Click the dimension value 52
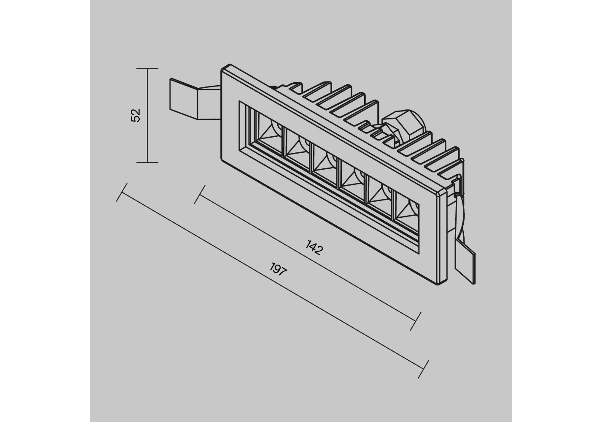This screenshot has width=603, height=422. (136, 115)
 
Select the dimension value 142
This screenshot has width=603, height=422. (314, 247)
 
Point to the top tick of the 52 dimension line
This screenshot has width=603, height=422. (147, 69)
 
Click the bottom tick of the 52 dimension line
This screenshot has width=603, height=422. (147, 162)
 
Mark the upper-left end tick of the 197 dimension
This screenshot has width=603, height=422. (122, 192)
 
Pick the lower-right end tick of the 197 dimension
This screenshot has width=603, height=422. (423, 369)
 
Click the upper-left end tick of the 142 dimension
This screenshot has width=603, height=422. (200, 194)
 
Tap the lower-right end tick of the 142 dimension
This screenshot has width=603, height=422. (415, 321)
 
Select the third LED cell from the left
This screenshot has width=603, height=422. (324, 166)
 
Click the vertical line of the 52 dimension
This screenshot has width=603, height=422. (147, 116)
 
